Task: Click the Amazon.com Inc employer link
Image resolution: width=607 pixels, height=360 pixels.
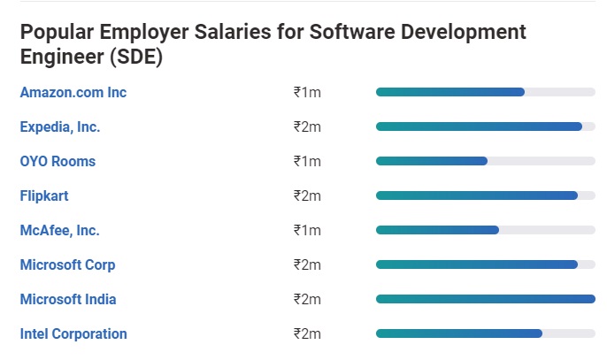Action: coord(73,93)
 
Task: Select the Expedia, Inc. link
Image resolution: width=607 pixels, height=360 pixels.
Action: coord(60,127)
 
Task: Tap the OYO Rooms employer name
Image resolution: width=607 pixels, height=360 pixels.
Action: coord(58,161)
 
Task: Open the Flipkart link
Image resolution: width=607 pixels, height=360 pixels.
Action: coord(44,195)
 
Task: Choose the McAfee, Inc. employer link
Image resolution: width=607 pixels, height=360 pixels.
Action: coord(59,230)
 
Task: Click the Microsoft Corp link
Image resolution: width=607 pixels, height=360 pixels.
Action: coord(68,264)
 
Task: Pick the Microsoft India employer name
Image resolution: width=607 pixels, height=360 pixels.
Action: coord(68,299)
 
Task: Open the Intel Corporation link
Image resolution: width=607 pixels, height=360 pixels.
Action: coord(73,333)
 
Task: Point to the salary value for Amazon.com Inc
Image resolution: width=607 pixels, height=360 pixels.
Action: coord(307,93)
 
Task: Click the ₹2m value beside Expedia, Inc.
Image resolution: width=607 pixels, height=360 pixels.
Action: coord(307,127)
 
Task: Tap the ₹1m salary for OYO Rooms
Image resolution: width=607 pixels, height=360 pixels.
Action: coord(307,161)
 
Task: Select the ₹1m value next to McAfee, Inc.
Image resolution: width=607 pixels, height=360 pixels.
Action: coord(307,230)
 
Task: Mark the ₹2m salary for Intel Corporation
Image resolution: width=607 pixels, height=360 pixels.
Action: coord(307,333)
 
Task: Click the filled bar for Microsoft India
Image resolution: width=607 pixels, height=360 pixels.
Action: coord(486,299)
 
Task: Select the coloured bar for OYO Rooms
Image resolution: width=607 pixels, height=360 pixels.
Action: coord(432,161)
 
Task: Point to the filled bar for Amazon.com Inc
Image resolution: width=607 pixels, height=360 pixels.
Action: coord(450,92)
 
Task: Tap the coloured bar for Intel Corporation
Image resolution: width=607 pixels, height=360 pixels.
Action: coord(459,333)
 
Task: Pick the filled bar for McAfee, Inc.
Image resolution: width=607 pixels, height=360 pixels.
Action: coord(437,230)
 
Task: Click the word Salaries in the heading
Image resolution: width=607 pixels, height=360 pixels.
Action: coord(233,32)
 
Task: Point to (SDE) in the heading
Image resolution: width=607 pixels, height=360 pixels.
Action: coord(136,57)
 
